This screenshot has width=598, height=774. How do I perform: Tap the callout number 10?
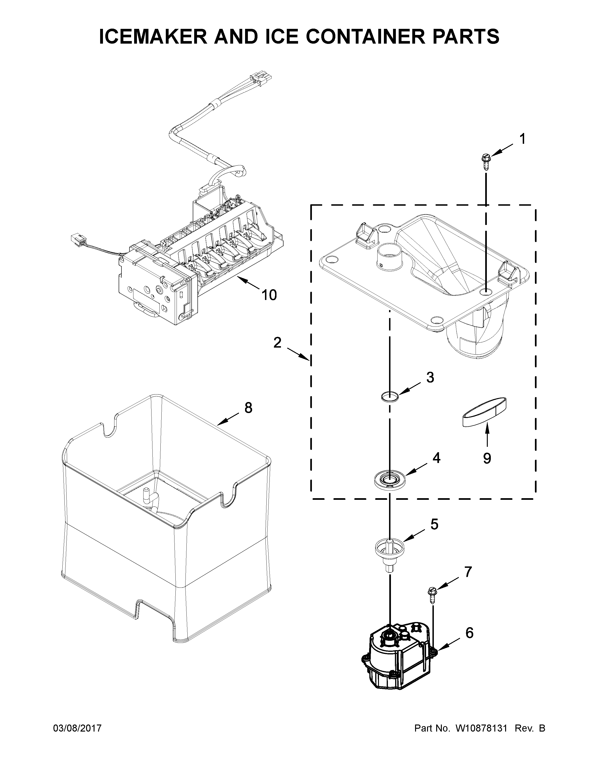(269, 295)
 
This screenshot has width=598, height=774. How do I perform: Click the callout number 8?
(248, 408)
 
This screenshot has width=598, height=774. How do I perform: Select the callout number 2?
(277, 343)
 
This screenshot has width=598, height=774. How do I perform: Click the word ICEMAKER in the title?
(153, 37)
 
